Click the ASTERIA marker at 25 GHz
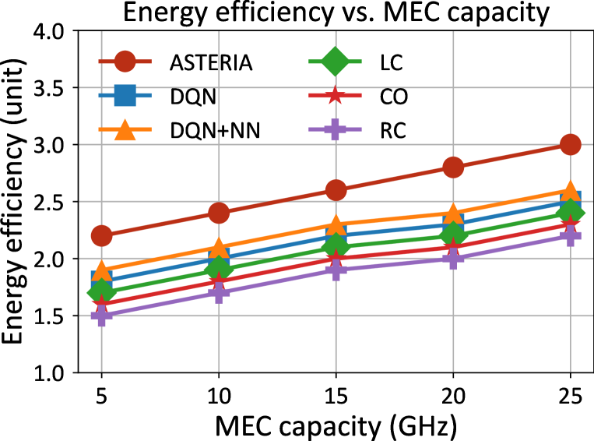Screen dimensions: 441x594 [570, 144]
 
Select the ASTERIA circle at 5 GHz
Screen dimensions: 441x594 [100, 235]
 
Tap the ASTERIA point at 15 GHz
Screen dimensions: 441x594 [336, 190]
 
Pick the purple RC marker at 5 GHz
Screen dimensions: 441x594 [100, 316]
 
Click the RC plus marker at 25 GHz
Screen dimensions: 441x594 [570, 235]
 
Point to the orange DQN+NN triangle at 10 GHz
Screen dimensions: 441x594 [218, 248]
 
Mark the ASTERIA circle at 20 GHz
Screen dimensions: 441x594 [453, 167]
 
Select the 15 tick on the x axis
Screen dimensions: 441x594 [336, 395]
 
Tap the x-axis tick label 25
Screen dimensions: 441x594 [570, 395]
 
